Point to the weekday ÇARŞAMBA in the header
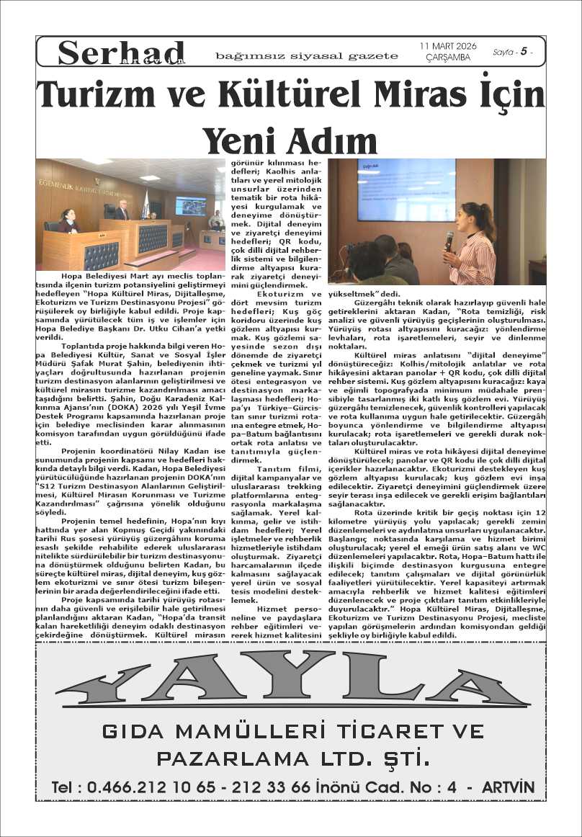pyautogui.click(x=448, y=58)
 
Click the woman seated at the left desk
pyautogui.click(x=68, y=221)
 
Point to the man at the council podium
pyautogui.click(x=122, y=210)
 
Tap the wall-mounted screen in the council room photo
pyautogui.click(x=191, y=206)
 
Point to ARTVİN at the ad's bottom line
pyautogui.click(x=509, y=787)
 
